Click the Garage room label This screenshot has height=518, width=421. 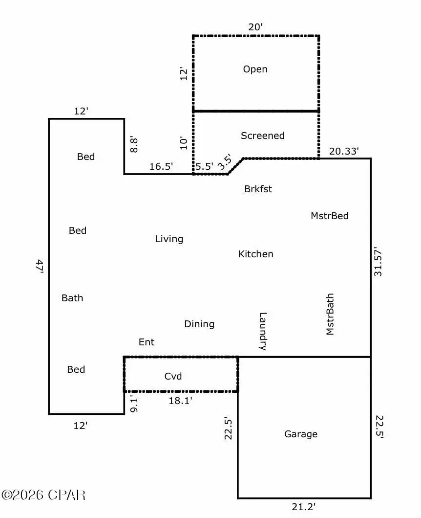[301, 434]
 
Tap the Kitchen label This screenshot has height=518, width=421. [255, 254]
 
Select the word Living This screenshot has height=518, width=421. [169, 239]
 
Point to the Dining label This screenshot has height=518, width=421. [199, 324]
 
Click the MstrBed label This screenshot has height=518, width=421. [330, 215]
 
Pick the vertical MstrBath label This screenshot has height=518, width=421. [330, 314]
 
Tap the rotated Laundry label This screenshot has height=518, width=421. [262, 331]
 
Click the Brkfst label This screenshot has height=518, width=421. [258, 189]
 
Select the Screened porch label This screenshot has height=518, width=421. [262, 135]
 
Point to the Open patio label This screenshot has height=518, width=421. [255, 69]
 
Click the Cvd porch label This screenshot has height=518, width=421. [173, 376]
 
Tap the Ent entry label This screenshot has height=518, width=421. [146, 342]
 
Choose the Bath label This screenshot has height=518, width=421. [72, 297]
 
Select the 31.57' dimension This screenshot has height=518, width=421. [378, 265]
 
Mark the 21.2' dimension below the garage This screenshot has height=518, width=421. [304, 507]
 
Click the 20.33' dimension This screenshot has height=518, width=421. [344, 151]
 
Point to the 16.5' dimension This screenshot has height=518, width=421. [161, 166]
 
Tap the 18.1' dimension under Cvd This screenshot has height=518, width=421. [180, 400]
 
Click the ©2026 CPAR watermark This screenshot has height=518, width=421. [44, 495]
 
